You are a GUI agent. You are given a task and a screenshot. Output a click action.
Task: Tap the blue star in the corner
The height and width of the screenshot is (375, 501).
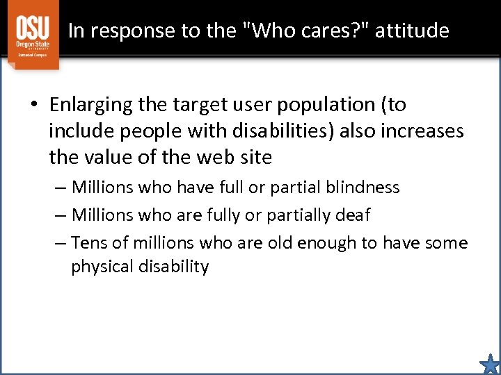pyautogui.click(x=490, y=364)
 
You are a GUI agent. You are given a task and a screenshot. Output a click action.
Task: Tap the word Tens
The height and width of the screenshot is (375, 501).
pyautogui.click(x=89, y=243)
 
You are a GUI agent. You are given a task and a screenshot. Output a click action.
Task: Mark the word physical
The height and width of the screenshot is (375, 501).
pyautogui.click(x=100, y=267)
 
